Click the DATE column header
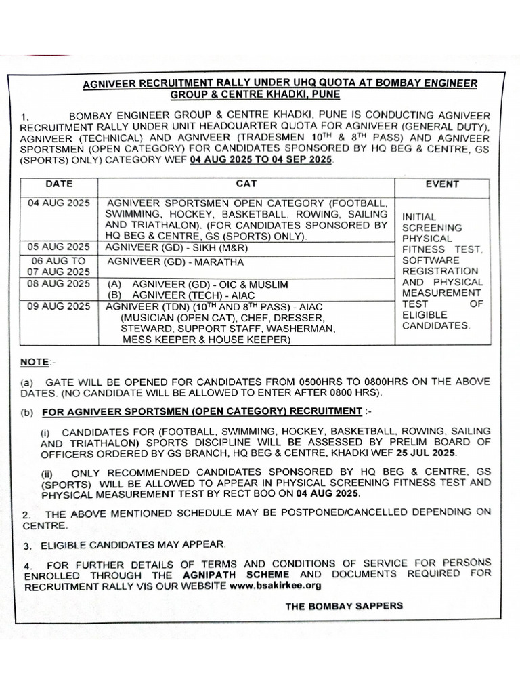(x=58, y=184)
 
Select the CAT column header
(x=246, y=184)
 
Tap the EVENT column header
(x=442, y=184)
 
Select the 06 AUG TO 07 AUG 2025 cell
(x=58, y=266)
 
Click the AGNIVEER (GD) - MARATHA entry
(x=175, y=261)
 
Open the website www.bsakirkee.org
(x=275, y=585)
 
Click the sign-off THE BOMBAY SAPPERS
(x=344, y=605)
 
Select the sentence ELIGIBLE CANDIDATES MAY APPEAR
(x=134, y=544)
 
